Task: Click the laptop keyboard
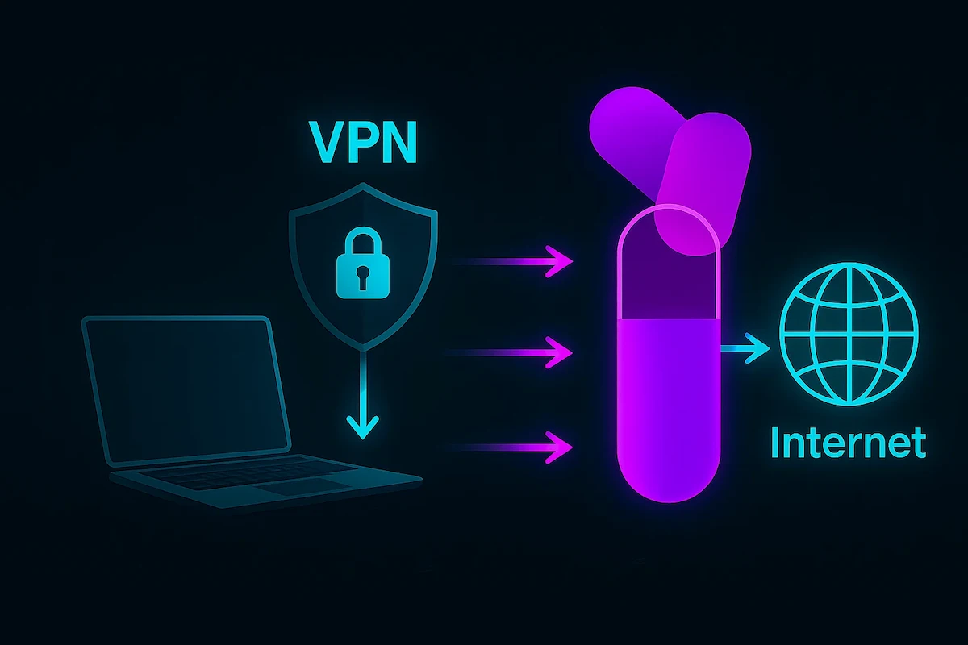tap(242, 476)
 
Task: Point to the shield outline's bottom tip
tap(362, 349)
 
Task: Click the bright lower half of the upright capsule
tap(667, 403)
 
